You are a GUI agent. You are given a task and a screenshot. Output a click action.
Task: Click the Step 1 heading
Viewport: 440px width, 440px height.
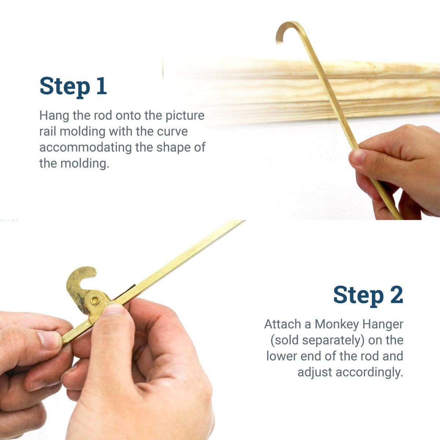[x=73, y=86]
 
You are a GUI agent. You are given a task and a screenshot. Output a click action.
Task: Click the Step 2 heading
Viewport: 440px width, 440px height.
[x=368, y=295]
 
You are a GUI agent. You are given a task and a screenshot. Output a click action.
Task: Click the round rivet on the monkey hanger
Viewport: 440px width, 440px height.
[x=95, y=301]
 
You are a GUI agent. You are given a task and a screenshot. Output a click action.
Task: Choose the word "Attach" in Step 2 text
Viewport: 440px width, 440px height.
[x=282, y=324]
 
